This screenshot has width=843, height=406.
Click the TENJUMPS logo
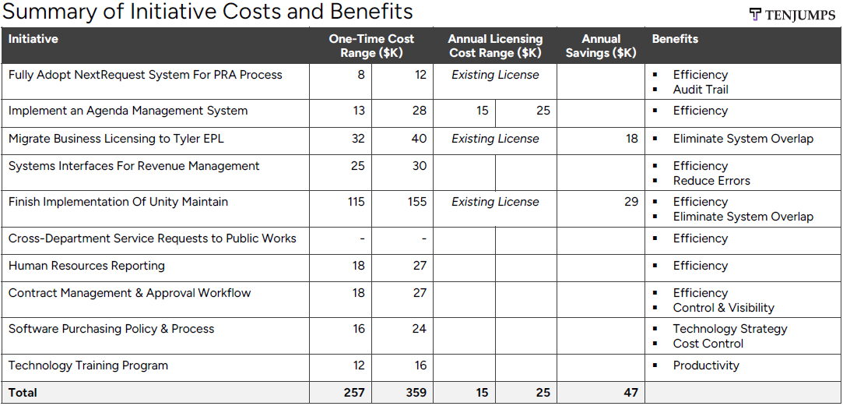pos(792,15)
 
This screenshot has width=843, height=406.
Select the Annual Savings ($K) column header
pos(602,46)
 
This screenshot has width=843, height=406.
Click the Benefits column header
pos(675,39)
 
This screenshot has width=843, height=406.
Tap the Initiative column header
pos(33,39)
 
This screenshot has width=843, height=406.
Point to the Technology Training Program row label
pos(88,365)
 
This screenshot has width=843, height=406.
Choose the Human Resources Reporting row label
pos(86,266)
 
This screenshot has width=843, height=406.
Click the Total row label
pos(23,393)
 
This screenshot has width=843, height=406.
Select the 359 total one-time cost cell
pos(416,393)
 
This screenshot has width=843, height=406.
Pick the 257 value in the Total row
pos(354,393)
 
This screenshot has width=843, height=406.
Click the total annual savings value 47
pos(630,393)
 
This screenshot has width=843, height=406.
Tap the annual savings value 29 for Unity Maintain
pos(630,202)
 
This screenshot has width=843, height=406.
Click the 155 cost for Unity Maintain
pos(416,202)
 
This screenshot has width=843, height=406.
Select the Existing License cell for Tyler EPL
pos(495,139)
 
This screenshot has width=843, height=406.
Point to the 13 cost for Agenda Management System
pos(358,111)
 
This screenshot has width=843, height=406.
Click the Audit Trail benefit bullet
pos(701,90)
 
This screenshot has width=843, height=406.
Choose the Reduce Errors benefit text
pos(711,181)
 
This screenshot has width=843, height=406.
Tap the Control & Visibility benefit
pos(723,308)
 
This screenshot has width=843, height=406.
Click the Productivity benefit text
pos(706,365)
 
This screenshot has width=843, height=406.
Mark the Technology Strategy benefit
pos(730,329)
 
